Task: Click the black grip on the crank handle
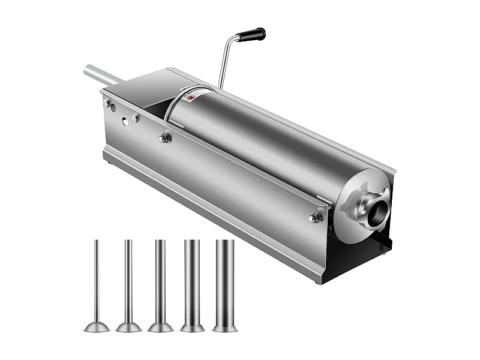251,35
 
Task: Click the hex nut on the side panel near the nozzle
316,218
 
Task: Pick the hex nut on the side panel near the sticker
164,138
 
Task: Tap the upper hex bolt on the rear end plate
109,104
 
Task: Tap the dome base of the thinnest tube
96,326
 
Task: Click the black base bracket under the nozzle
372,255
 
